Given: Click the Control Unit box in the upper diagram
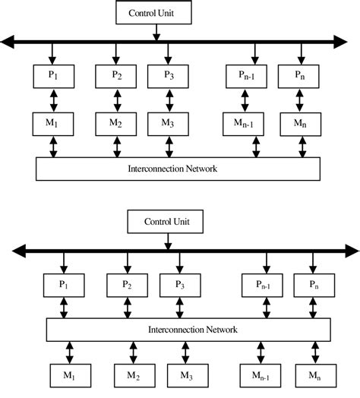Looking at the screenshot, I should pyautogui.click(x=156, y=13).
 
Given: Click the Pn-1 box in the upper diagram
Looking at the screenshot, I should pyautogui.click(x=245, y=77).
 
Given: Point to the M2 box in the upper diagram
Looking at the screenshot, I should pyautogui.click(x=115, y=122).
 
